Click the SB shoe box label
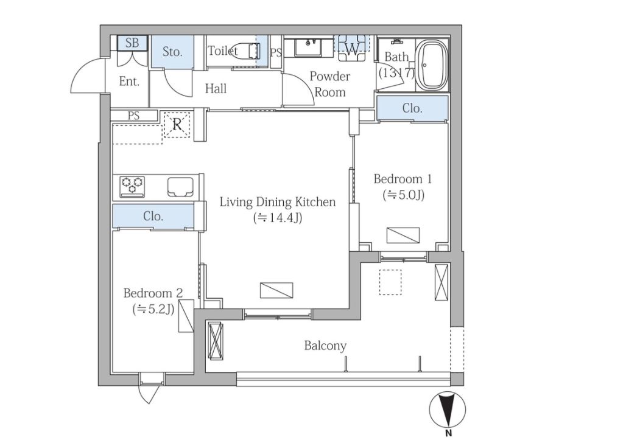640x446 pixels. coord(132,43)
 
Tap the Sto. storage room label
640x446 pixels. coord(172,52)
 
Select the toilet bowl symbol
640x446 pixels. coord(247,51)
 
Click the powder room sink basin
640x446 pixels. coord(309,47)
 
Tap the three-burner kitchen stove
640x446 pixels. coord(132,186)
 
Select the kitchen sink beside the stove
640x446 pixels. coord(180,187)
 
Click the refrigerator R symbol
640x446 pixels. coord(177,124)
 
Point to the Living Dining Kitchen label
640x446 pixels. coord(278,202)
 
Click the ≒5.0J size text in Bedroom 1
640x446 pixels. coord(403,195)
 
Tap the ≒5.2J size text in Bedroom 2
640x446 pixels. coord(153,310)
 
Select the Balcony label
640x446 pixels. coord(325,346)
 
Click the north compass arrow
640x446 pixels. coord(448,409)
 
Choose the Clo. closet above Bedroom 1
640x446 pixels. coord(412,108)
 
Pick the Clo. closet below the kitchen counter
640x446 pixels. coord(153,216)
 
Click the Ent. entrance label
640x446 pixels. coord(129,82)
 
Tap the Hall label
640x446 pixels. coord(216,88)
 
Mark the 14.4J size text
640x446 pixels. coord(278,218)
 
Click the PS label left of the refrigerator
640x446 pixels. coord(133,116)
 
